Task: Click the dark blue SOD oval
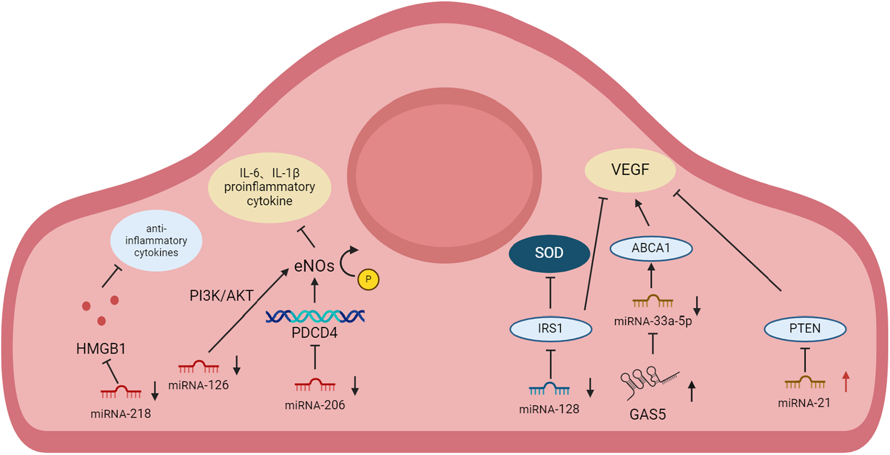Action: (549, 253)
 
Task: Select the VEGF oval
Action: (630, 170)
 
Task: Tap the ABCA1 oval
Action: (651, 248)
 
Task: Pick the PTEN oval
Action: (805, 328)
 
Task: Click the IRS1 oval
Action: (551, 328)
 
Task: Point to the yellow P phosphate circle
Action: (368, 279)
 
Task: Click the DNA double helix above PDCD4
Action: (315, 316)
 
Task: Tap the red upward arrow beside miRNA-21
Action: (846, 381)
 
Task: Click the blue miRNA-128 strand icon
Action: (549, 389)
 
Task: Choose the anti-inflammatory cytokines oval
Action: (156, 240)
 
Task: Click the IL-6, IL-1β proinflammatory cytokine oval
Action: (269, 187)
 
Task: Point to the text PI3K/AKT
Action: (221, 295)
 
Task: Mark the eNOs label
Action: (314, 265)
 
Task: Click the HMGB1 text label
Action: (101, 349)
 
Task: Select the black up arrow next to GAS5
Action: (691, 391)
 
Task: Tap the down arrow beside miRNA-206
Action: (355, 385)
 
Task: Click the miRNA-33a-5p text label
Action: (653, 321)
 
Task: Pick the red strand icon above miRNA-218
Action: (120, 391)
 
